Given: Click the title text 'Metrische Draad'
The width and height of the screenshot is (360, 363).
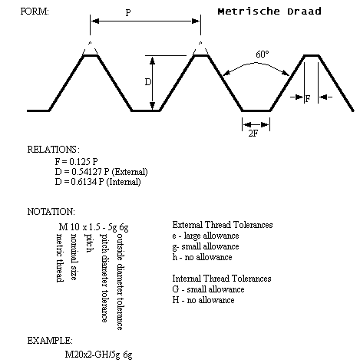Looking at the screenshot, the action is [x=269, y=12].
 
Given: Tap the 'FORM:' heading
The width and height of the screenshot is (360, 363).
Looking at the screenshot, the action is [x=35, y=12].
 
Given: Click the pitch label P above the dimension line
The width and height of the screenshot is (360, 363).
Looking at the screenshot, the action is [x=128, y=12].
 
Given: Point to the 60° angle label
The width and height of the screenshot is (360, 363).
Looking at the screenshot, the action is [x=263, y=54].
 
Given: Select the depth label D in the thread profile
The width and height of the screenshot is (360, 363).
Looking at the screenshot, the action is [x=148, y=82].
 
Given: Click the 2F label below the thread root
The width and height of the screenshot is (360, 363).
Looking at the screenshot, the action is [x=253, y=134].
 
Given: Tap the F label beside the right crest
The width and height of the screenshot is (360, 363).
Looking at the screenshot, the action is [x=308, y=98].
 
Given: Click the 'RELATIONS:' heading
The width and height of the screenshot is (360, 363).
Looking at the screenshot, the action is [x=54, y=150].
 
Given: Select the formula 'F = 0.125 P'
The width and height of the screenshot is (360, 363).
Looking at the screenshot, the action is [x=76, y=162].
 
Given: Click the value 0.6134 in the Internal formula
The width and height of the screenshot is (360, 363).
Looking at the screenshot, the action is [x=84, y=182].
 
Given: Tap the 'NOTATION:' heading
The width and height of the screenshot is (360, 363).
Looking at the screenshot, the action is [x=51, y=212].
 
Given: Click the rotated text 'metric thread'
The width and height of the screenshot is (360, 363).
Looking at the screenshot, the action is [x=60, y=258].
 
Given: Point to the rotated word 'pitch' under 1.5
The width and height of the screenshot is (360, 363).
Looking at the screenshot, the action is [x=89, y=243].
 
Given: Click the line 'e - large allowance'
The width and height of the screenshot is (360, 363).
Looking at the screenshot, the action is [x=206, y=236].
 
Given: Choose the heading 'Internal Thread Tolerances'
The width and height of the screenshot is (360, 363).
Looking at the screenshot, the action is [x=222, y=279].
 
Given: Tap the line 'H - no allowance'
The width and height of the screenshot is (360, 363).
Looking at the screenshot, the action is [x=203, y=300].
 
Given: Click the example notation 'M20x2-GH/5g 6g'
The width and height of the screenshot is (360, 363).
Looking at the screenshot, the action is [x=98, y=355].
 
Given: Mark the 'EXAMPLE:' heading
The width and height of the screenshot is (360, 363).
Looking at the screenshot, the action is [x=50, y=341].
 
